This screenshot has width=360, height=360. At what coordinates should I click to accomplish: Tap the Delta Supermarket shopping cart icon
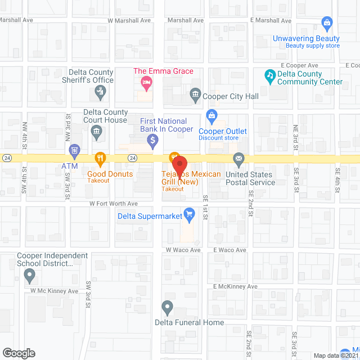(x=190, y=213)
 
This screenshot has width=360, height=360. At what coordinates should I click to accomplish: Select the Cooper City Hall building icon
(x=196, y=93)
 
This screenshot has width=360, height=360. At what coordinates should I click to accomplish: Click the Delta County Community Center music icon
(x=270, y=74)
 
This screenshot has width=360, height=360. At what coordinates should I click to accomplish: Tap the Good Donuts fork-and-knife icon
(x=101, y=158)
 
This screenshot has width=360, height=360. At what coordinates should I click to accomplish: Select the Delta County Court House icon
(x=96, y=132)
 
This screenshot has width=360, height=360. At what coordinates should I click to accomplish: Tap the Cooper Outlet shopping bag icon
(x=211, y=118)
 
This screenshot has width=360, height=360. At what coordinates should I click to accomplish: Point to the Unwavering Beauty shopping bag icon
(x=326, y=22)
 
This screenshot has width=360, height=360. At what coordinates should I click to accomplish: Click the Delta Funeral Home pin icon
(x=167, y=307)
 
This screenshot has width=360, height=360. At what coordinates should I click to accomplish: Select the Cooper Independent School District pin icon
(x=30, y=275)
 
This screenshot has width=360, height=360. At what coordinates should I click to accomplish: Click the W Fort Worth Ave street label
(x=112, y=204)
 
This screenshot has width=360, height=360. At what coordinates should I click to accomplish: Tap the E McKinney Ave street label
(x=235, y=286)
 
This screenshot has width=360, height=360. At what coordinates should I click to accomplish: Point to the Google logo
(x=19, y=353)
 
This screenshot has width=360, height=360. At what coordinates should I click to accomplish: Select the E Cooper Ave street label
(x=301, y=66)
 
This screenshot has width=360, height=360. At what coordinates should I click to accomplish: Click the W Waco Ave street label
(x=182, y=250)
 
